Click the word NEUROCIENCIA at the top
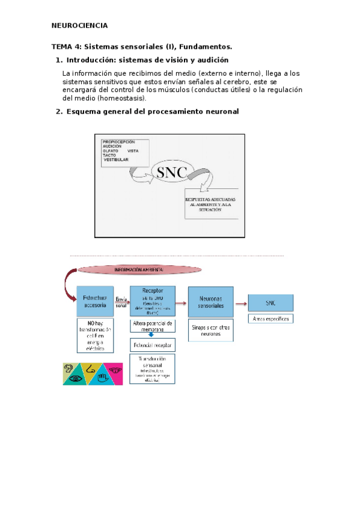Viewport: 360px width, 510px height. (x=79, y=25)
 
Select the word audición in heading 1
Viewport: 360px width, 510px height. (x=212, y=60)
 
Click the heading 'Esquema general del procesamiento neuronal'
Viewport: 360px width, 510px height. (x=153, y=111)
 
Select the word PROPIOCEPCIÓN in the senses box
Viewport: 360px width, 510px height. (x=119, y=141)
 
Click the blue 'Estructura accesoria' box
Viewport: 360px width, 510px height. (x=93, y=301)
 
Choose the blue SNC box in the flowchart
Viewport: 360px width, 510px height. (x=270, y=303)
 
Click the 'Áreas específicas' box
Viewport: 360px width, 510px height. (x=271, y=318)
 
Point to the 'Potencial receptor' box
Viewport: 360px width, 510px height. (x=153, y=345)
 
